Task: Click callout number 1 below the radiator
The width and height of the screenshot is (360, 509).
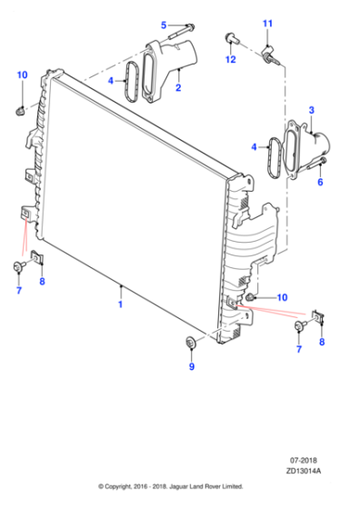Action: click(x=120, y=305)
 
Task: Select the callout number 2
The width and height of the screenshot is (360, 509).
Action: click(x=178, y=88)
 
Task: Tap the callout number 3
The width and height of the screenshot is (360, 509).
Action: click(x=311, y=111)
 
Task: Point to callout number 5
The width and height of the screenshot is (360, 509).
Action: click(x=164, y=25)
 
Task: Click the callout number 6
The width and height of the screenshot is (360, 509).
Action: click(x=319, y=182)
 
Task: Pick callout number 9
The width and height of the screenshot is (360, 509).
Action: click(x=190, y=367)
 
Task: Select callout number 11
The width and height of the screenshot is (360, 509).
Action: click(x=267, y=23)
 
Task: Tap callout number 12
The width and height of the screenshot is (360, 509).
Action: click(x=230, y=59)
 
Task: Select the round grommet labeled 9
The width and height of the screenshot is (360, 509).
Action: click(x=190, y=343)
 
